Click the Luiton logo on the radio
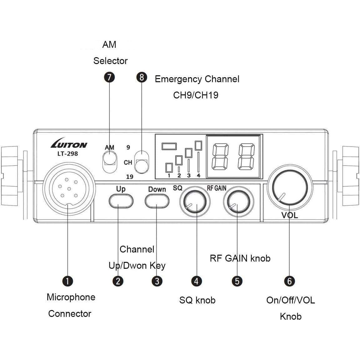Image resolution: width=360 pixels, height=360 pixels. tap(69, 145)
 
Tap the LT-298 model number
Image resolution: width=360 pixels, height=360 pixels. tap(67, 154)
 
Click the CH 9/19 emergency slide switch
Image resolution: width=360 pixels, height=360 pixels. tap(142, 161)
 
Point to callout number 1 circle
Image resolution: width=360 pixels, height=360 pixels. tap(68, 281)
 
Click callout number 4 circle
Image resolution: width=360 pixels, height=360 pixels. tap(196, 281)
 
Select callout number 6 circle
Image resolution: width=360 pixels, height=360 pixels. tap(289, 281)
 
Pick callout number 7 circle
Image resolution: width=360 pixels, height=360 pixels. tap(109, 77)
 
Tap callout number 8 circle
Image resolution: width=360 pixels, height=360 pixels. tap(142, 77)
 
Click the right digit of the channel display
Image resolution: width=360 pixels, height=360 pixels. tap(246, 156)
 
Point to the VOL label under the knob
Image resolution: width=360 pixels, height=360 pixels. tap(290, 215)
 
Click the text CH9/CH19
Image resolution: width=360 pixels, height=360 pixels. tap(196, 95)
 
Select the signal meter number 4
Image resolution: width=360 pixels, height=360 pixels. tap(198, 176)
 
